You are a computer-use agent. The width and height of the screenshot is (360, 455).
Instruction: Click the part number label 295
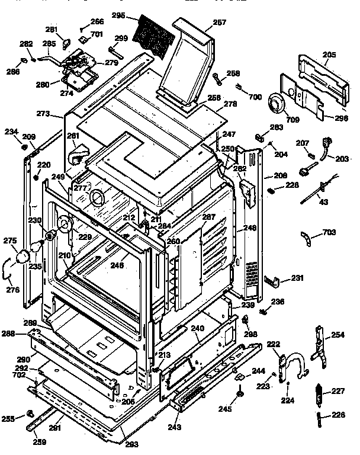click(x=118, y=16)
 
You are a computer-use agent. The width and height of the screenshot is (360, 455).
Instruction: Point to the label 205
click(x=329, y=55)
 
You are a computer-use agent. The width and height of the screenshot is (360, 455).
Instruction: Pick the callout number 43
click(x=323, y=203)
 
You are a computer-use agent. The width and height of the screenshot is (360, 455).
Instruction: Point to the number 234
click(x=11, y=131)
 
